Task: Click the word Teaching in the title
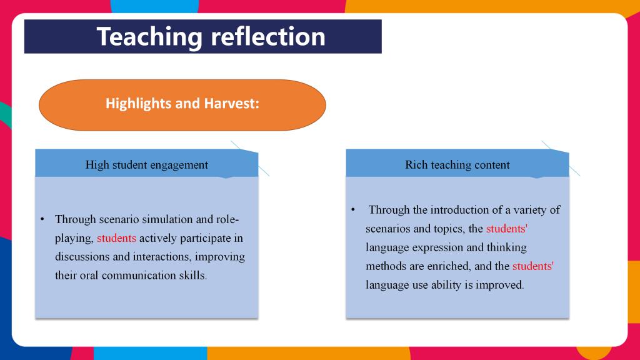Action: point(149,37)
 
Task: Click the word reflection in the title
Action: point(268,36)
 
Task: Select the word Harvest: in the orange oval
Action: point(231,103)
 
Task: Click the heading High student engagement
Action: point(146,165)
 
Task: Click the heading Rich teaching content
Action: point(457,165)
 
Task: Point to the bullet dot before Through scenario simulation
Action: point(42,219)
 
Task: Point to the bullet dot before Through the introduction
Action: point(353,210)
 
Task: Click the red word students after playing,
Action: point(116,238)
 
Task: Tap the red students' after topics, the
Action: point(506,229)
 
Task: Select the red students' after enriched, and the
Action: point(532,266)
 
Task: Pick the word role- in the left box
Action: point(227,219)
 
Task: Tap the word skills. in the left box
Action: point(193,276)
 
